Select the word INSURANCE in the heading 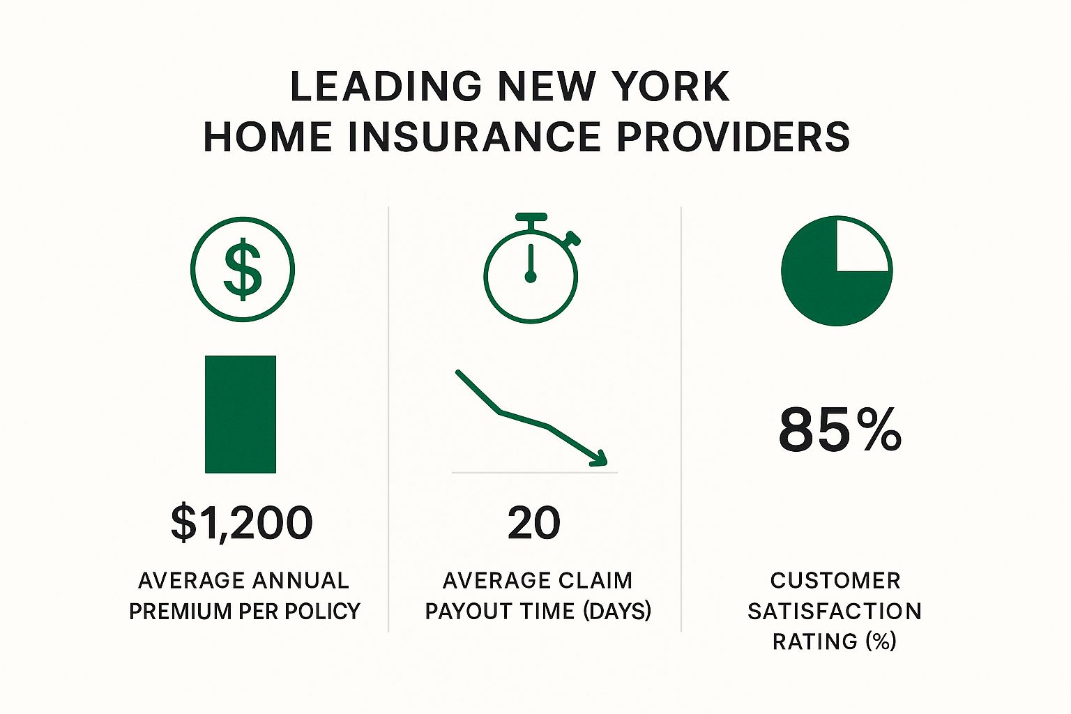[x=474, y=137]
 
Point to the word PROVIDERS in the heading [x=734, y=137]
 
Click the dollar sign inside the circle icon [x=243, y=269]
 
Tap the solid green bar [x=241, y=414]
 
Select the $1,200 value [x=242, y=523]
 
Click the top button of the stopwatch [x=531, y=217]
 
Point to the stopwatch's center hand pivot [x=530, y=276]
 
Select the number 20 [x=534, y=523]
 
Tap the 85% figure [x=840, y=430]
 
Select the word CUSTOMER [x=835, y=581]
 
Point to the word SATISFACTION [x=835, y=612]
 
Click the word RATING [x=814, y=641]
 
